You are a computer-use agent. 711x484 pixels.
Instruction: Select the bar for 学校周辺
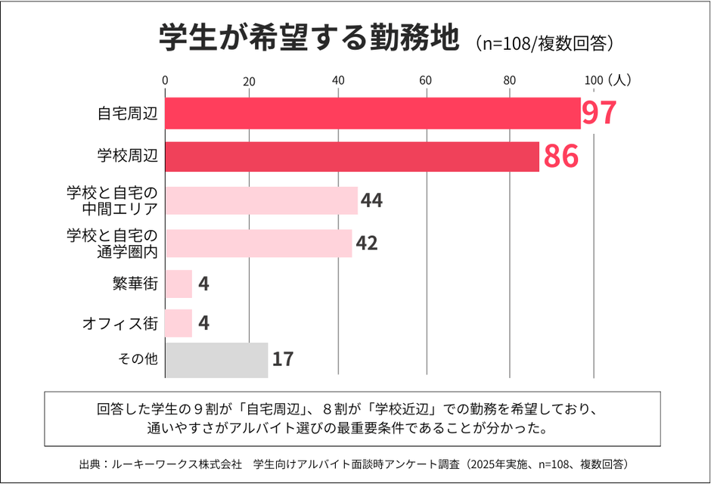352,157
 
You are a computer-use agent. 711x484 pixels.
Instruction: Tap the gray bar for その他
216,360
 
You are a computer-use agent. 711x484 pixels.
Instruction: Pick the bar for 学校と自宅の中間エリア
261,200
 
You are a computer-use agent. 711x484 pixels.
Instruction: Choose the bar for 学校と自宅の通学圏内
258,244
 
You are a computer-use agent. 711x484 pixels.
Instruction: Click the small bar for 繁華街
179,284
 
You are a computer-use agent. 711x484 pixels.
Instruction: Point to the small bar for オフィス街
179,324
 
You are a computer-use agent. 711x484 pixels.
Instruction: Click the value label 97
600,113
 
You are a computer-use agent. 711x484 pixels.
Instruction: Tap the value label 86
560,157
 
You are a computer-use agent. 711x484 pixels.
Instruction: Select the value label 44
372,200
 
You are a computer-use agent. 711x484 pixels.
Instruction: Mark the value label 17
282,359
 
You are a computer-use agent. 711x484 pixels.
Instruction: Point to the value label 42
366,244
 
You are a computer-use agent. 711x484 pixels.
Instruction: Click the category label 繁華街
140,284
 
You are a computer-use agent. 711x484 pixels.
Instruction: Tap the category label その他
138,359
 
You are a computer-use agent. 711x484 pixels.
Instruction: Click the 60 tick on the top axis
426,80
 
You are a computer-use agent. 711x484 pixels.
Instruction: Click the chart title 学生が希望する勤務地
309,38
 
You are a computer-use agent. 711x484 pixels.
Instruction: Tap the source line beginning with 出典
355,463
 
